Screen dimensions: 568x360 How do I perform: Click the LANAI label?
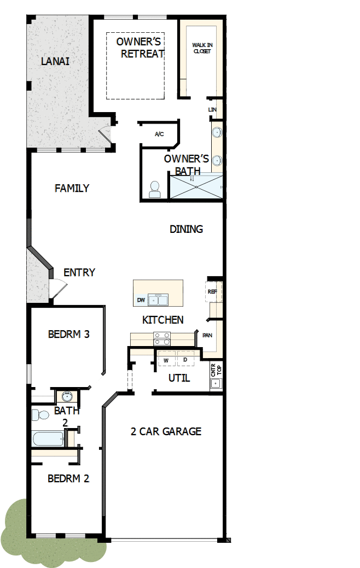click(55, 61)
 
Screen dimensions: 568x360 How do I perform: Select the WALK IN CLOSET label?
click(201, 48)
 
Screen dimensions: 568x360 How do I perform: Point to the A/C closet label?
click(159, 134)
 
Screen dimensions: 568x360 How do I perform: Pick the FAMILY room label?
click(72, 188)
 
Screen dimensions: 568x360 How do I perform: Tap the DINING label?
click(186, 229)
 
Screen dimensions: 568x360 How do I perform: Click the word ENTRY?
click(79, 272)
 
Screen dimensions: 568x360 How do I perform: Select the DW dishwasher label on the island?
click(141, 301)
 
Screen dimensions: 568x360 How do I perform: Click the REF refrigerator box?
click(213, 291)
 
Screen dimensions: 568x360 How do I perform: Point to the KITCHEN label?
click(162, 320)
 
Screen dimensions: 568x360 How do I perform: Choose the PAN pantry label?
click(207, 335)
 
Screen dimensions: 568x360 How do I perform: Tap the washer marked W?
click(166, 360)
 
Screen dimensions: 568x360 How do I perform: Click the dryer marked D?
click(185, 360)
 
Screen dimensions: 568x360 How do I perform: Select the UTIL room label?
click(179, 378)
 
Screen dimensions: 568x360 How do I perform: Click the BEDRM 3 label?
click(68, 334)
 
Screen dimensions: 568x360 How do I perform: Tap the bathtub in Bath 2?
click(48, 438)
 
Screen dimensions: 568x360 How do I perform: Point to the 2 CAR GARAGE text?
click(166, 431)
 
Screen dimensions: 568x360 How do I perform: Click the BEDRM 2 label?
click(68, 478)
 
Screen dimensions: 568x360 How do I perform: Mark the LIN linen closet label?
click(213, 110)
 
